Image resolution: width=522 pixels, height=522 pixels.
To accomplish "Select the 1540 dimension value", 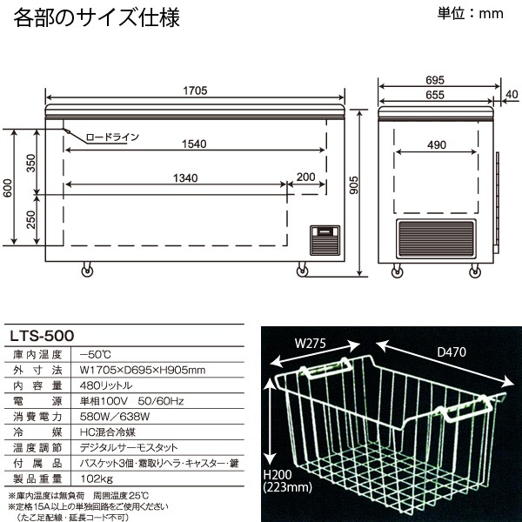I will (195, 144).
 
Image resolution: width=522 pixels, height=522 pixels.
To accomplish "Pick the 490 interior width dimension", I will (435, 144).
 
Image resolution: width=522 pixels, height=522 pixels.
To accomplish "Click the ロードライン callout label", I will (111, 137).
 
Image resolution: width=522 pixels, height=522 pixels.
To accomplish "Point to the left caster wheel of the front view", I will (87, 271).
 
